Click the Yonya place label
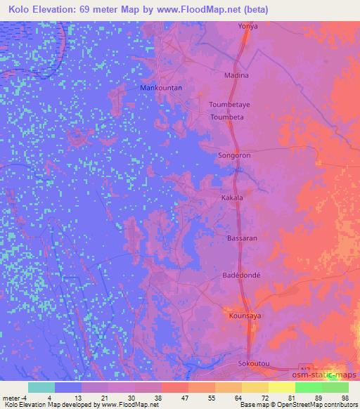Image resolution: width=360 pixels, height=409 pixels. (x=248, y=26)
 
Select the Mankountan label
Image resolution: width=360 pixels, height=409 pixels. (x=162, y=88)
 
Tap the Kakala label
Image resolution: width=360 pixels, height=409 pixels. (x=232, y=198)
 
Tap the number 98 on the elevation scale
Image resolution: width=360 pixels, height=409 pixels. (x=345, y=397)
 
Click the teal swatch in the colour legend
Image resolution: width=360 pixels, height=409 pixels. (x=41, y=387)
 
